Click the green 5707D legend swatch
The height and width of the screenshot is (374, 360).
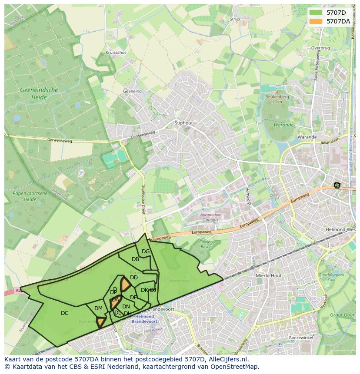tap(316, 13)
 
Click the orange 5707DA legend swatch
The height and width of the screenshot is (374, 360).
tap(316, 21)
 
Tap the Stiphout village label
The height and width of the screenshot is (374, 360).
tap(183, 123)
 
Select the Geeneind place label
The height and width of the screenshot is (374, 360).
tap(132, 92)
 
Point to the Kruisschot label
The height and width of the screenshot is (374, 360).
tap(116, 53)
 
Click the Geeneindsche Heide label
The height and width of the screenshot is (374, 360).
tap(39, 94)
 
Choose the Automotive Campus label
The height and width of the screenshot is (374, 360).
tap(211, 217)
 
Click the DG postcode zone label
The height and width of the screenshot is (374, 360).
tap(146, 252)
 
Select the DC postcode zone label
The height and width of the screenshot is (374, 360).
tap(65, 313)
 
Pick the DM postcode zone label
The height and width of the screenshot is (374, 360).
tap(99, 308)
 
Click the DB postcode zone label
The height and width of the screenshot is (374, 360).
tap(135, 259)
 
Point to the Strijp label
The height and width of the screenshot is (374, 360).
tap(235, 20)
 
